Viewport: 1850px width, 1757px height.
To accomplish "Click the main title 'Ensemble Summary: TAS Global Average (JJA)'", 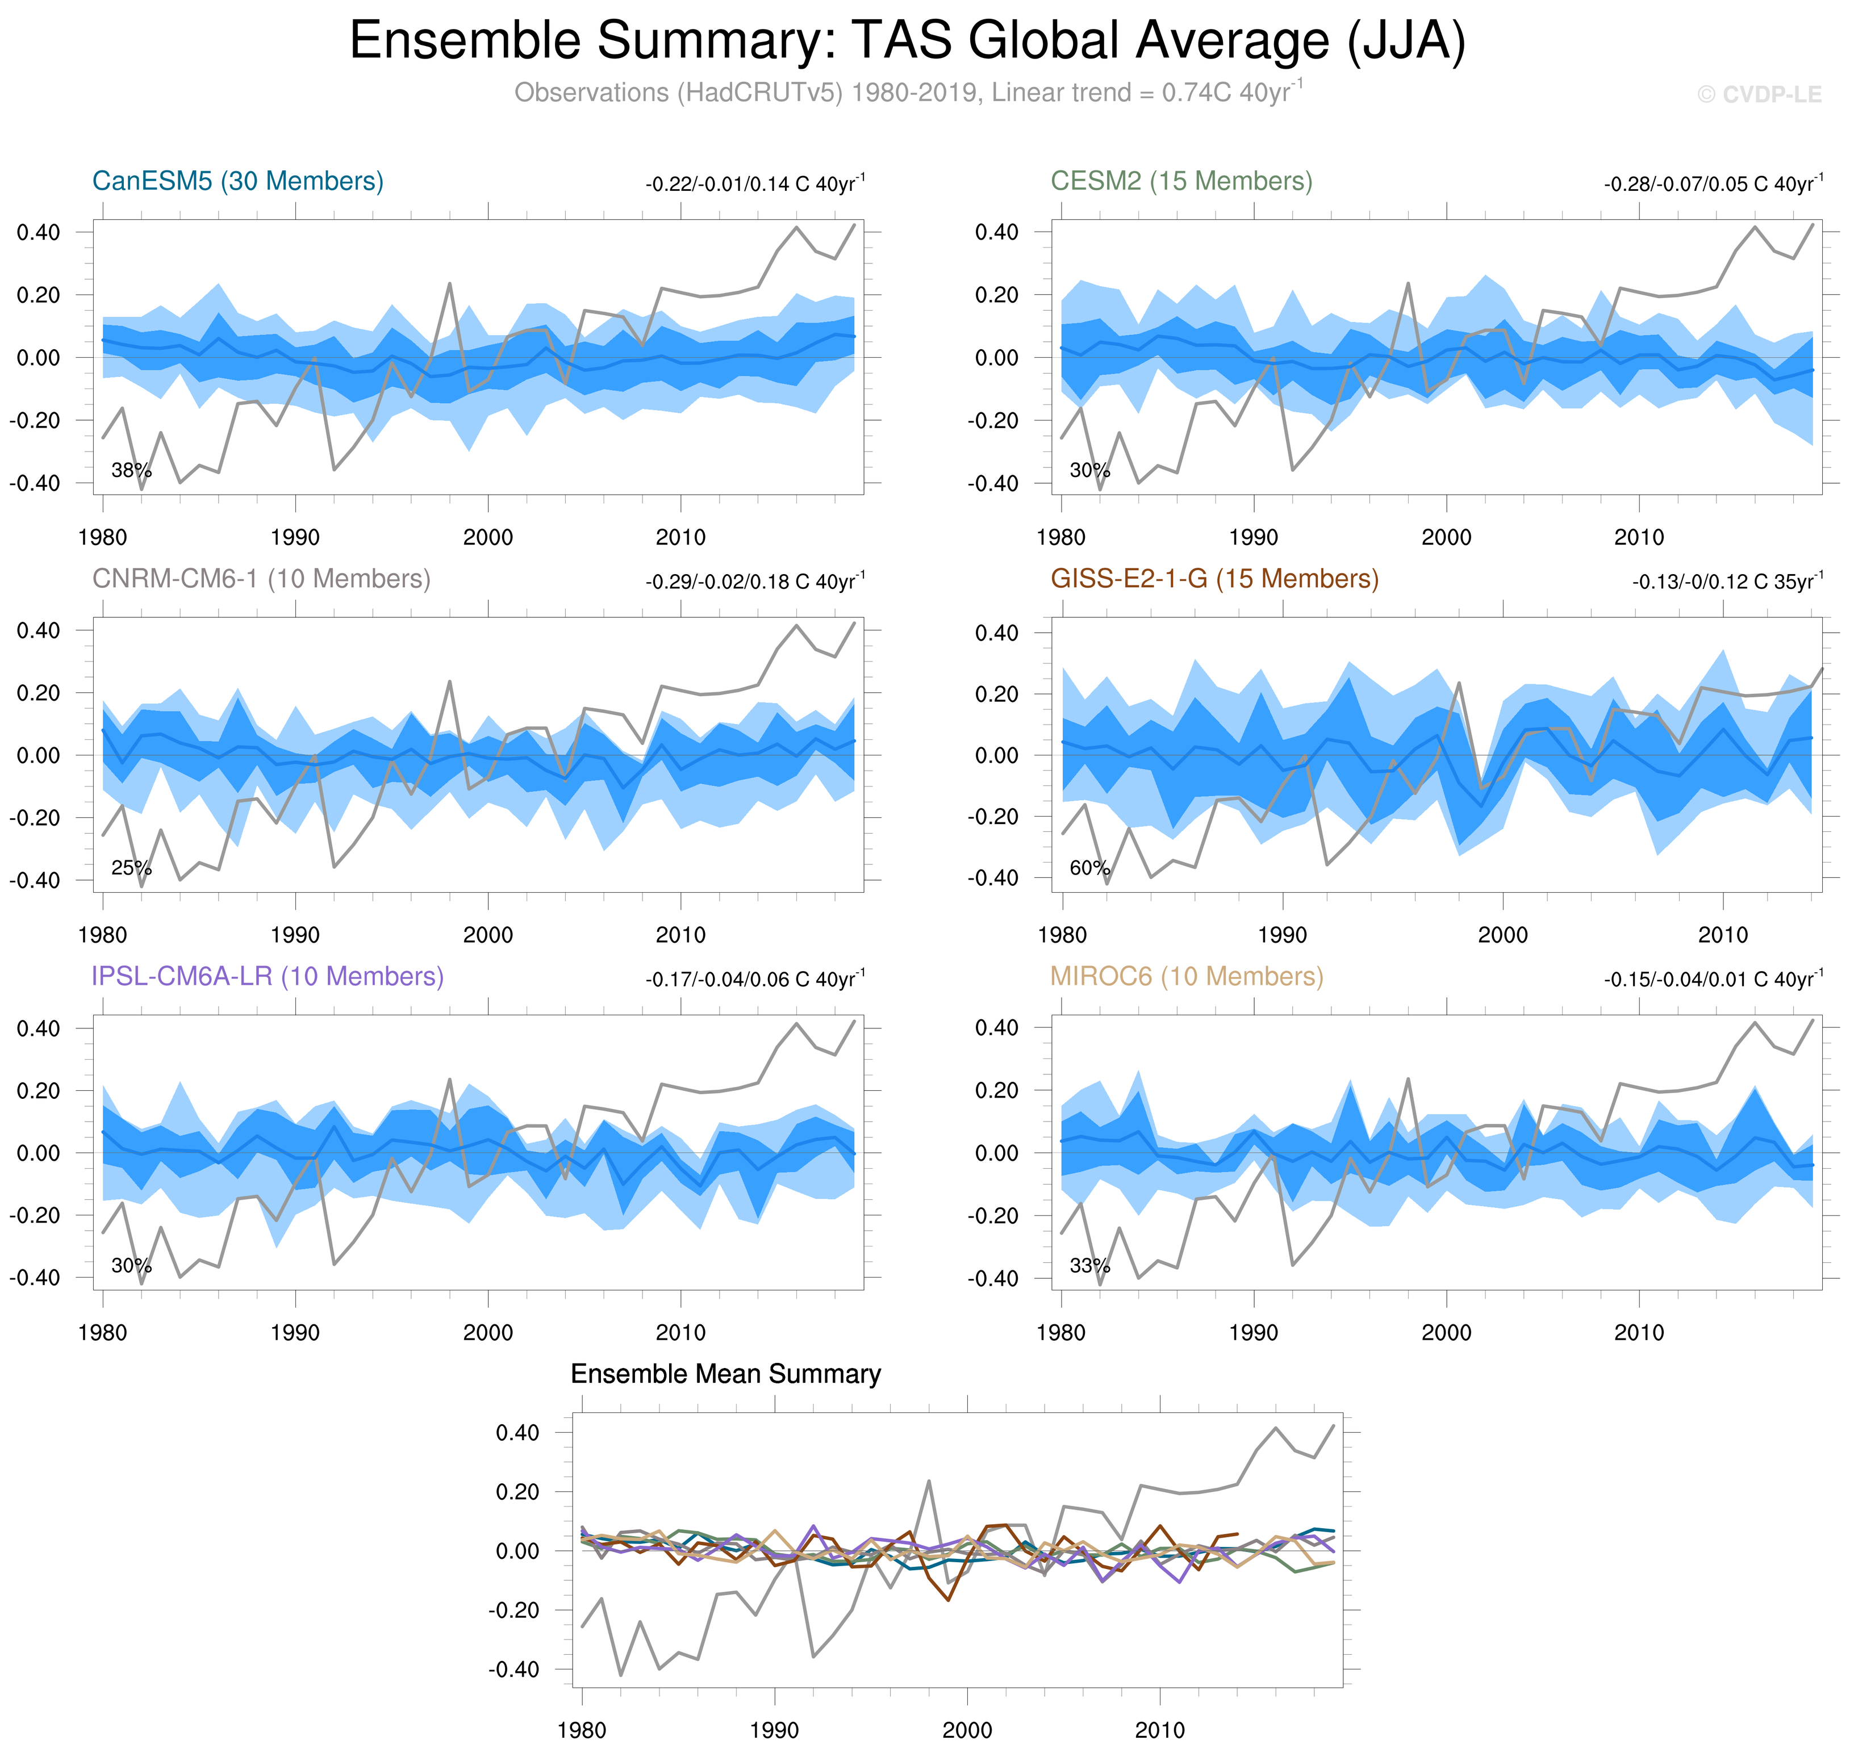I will click(x=907, y=41).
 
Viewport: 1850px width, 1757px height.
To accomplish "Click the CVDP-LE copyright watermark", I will click(x=1759, y=95).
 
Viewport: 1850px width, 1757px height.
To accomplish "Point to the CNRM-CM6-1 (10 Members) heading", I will click(x=261, y=579).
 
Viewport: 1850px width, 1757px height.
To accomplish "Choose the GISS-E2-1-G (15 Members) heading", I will click(x=1214, y=579).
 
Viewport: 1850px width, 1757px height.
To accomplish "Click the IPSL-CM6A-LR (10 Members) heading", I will click(x=267, y=977).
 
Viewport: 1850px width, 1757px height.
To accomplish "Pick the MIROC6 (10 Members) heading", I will click(x=1187, y=977).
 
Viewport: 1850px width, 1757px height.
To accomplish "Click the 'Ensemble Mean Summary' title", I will click(x=726, y=1374).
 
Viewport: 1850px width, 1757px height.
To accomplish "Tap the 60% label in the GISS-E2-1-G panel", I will click(x=1089, y=868).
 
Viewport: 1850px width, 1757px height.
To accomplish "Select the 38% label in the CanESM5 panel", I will click(x=131, y=470).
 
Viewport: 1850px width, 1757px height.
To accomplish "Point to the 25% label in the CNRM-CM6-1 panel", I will click(x=131, y=868).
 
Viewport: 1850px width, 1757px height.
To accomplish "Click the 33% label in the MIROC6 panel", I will click(x=1089, y=1266).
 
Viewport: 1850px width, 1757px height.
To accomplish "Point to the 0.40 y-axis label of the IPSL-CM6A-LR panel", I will click(x=39, y=1028).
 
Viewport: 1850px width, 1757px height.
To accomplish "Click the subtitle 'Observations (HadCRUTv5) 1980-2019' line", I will click(x=907, y=93).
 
